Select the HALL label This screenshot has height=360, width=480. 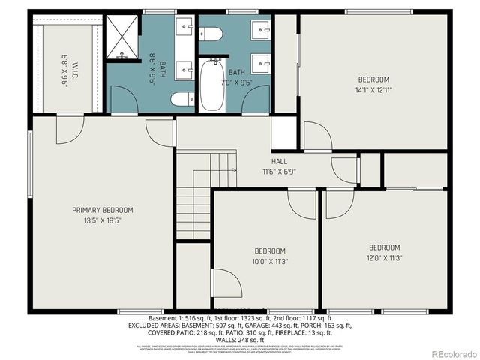tap(279, 161)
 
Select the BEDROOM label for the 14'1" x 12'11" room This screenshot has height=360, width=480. tap(373, 79)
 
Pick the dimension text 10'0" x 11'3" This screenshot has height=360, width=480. tap(269, 261)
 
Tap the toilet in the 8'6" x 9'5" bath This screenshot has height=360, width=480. tap(181, 99)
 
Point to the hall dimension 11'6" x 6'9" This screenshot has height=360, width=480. tap(279, 172)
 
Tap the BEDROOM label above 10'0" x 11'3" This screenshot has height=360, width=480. tap(269, 250)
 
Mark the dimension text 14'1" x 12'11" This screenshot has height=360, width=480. tap(373, 90)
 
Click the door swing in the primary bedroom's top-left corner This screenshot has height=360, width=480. tap(69, 129)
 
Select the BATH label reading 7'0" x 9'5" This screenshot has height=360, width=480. tap(237, 72)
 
